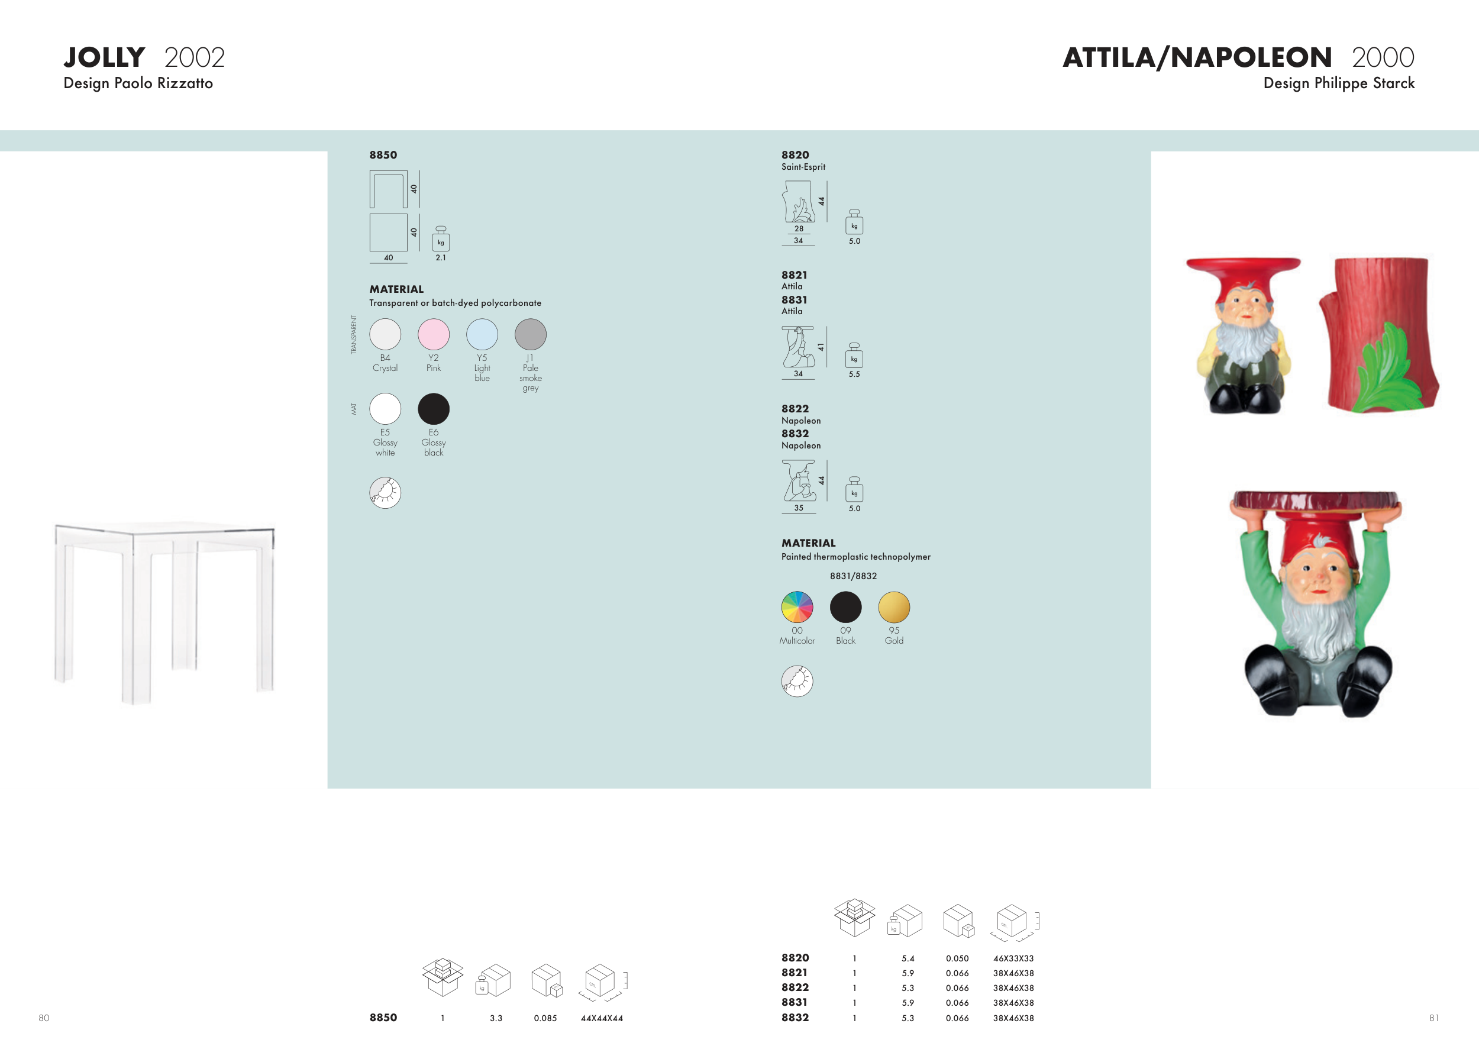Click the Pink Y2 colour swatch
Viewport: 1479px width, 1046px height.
click(434, 334)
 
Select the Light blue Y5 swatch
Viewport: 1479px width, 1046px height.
click(482, 334)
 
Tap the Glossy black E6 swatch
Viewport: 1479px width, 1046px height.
click(434, 409)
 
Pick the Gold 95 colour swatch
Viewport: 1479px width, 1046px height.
click(894, 608)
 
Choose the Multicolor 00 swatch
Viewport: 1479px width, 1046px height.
click(797, 608)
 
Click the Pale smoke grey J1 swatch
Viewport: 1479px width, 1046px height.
click(531, 334)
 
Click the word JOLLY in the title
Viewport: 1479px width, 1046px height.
click(104, 57)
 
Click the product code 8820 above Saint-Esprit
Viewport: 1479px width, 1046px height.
click(795, 154)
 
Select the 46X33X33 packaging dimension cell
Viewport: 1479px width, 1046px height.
click(1013, 958)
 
